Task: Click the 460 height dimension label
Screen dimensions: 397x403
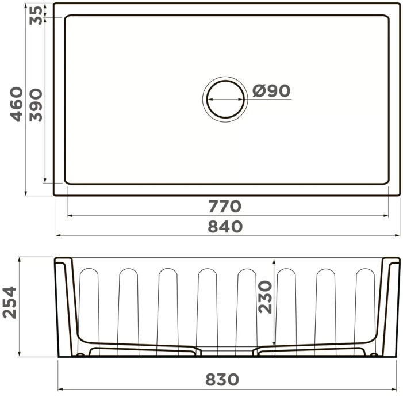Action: point(17,104)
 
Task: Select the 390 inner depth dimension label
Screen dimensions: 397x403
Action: point(36,104)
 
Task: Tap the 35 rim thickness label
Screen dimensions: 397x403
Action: point(36,15)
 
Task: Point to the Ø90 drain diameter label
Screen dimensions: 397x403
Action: point(271,91)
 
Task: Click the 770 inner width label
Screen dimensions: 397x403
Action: point(225,205)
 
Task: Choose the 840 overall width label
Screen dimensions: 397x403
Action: point(225,226)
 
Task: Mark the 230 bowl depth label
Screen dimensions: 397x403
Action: point(264,297)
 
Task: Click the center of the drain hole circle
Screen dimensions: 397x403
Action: point(225,98)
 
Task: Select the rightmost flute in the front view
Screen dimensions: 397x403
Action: point(364,305)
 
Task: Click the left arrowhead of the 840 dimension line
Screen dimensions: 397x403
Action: point(58,235)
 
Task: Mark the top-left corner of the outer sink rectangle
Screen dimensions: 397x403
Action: point(55,4)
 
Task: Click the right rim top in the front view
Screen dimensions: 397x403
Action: point(391,259)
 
